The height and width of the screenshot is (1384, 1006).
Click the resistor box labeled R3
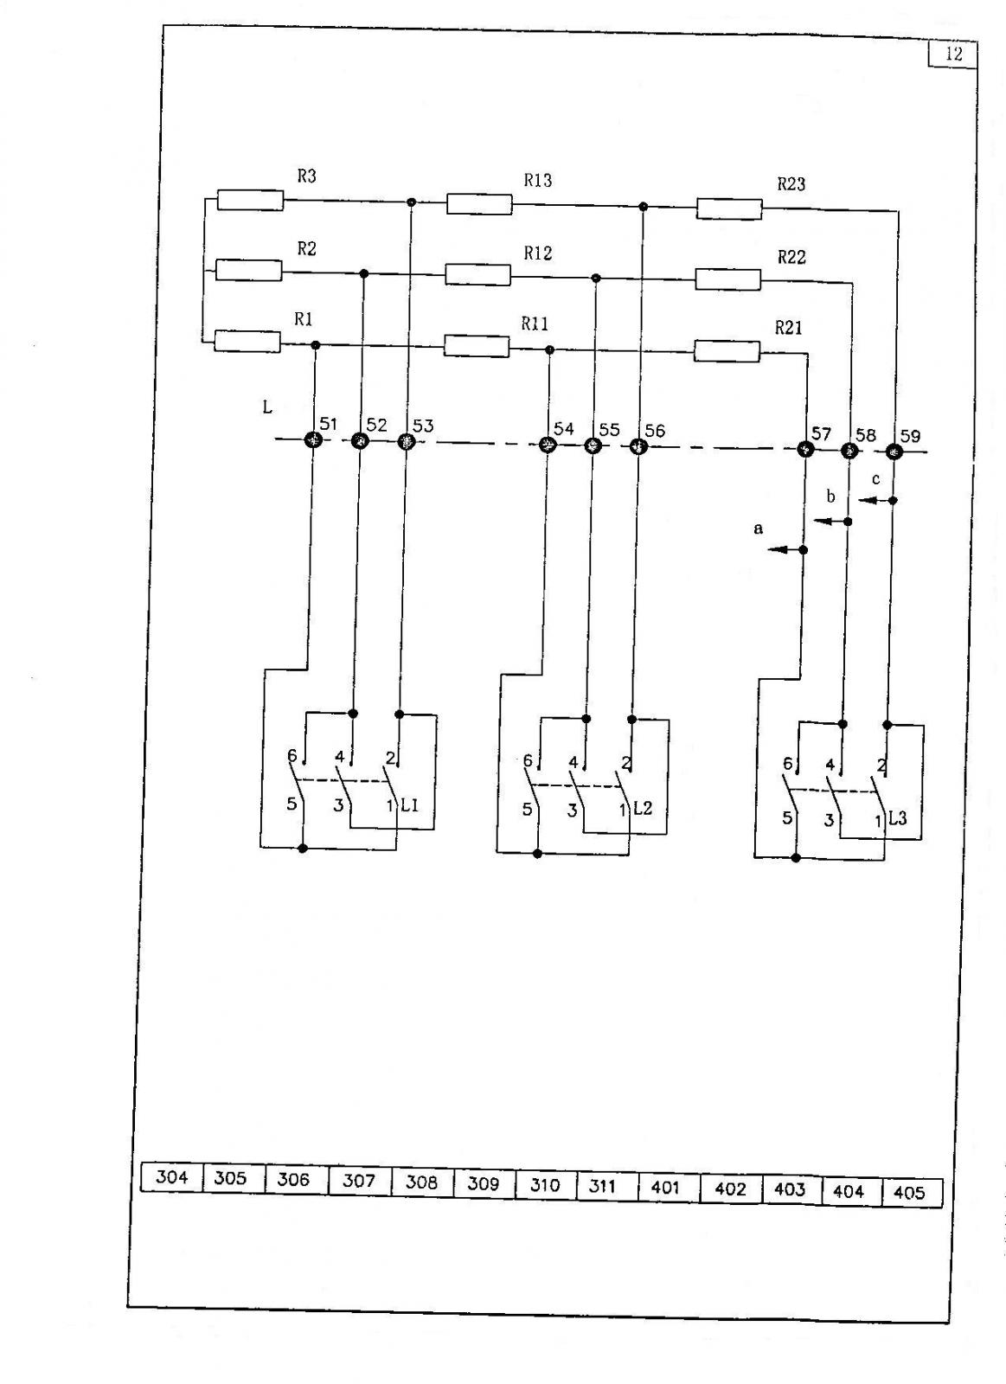pos(250,200)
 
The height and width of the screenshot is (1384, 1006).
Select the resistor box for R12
pos(478,274)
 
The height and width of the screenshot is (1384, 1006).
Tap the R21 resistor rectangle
pos(727,350)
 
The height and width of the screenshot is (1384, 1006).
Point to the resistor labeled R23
pos(729,208)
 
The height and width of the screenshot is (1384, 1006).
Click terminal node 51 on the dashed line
pos(314,440)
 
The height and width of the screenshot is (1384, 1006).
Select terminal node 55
pos(592,445)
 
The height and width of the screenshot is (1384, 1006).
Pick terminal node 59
pos(894,452)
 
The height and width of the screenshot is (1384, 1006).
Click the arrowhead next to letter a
pos(778,548)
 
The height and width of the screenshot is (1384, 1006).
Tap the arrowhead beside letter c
pos(868,500)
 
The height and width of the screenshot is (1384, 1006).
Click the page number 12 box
pos(953,54)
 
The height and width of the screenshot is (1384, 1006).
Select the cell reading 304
pos(172,1177)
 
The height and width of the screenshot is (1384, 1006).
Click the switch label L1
pos(410,805)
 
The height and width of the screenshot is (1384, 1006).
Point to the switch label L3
pos(898,818)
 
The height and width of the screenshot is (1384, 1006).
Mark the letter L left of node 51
pos(267,407)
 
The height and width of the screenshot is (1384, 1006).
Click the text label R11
pos(535,324)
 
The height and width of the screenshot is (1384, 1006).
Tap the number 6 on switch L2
pos(528,760)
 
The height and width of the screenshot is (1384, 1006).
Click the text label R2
pos(306,248)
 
